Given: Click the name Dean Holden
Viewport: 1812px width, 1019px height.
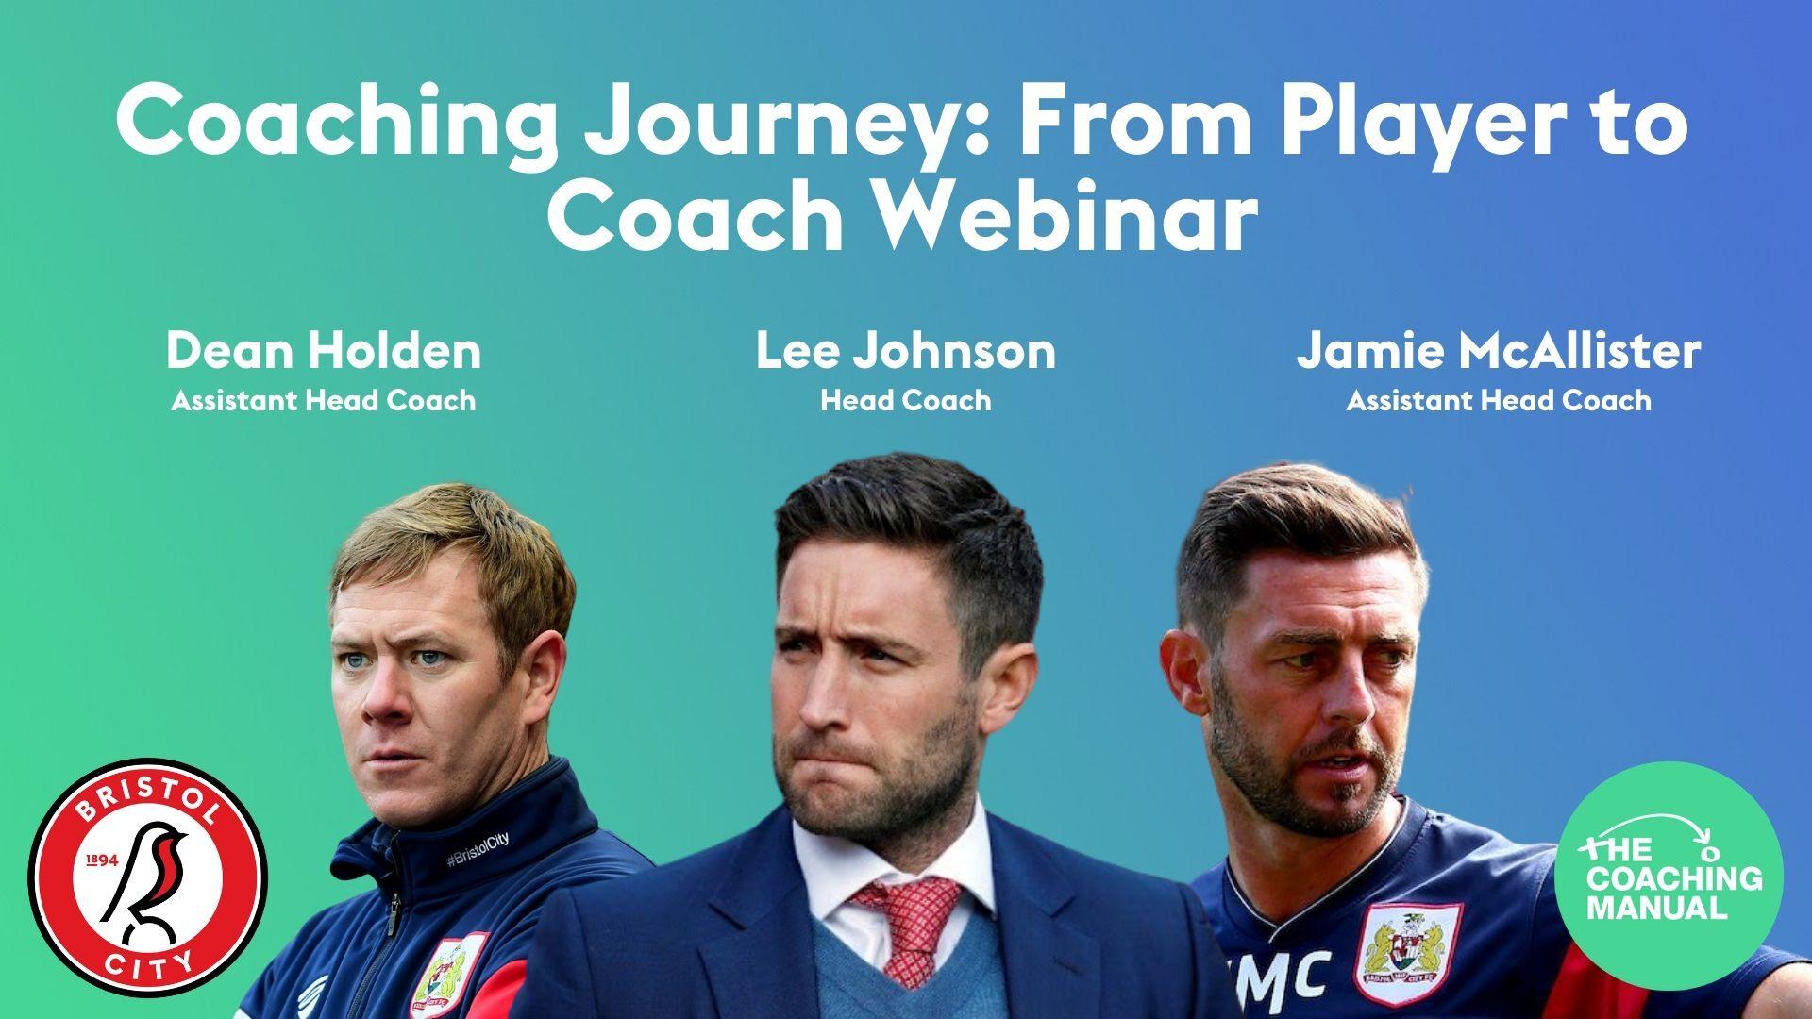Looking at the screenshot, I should [x=324, y=351].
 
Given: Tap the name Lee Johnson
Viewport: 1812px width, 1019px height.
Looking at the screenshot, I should [x=905, y=351].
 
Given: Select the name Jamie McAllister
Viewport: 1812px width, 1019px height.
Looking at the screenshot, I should [x=1498, y=351].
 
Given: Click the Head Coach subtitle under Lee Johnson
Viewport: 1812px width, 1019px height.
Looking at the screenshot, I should [x=905, y=401].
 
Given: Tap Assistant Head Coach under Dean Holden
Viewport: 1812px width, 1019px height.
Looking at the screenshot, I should [x=324, y=401].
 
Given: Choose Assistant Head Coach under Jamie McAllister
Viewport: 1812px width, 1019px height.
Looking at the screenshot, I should [x=1498, y=401].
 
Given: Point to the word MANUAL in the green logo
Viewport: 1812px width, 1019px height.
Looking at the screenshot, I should [x=1656, y=910].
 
